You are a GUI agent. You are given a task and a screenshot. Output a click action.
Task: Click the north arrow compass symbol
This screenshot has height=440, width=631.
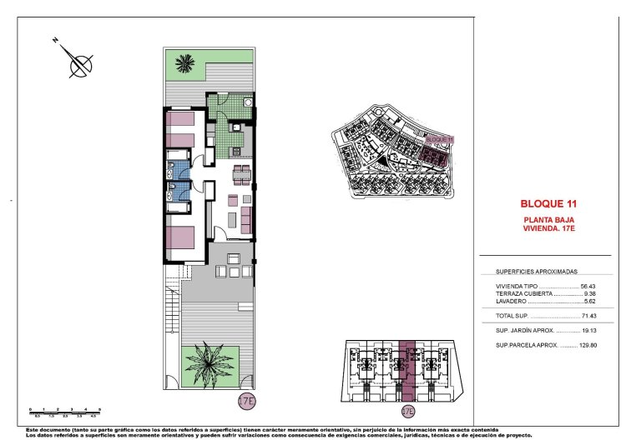point(79,62)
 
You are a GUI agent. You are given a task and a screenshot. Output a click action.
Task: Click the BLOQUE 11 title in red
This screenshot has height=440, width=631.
point(548,202)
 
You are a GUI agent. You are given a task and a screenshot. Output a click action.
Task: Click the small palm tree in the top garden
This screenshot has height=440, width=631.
point(184,63)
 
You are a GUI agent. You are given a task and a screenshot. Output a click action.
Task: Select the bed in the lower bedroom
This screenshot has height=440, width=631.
point(181,237)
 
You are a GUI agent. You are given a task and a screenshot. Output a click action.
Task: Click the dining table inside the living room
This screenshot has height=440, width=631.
point(240,174)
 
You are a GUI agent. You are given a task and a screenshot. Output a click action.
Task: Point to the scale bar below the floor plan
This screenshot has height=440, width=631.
point(65,409)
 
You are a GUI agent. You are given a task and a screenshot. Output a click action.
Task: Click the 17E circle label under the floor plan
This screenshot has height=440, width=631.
point(246,401)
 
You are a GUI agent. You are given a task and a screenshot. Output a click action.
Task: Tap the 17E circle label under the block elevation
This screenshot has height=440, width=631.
point(407,411)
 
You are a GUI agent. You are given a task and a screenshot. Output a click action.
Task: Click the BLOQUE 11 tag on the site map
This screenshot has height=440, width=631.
point(439,139)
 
